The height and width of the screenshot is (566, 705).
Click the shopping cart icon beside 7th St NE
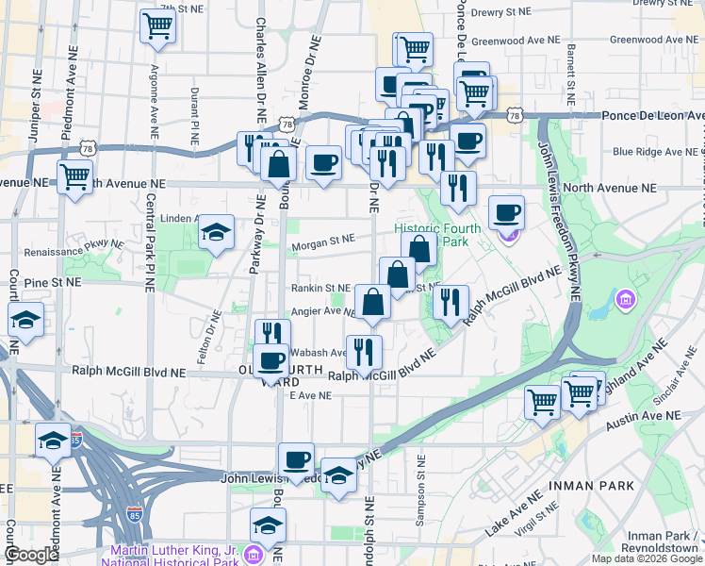click(x=157, y=26)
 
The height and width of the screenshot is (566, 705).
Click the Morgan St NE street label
click(x=323, y=241)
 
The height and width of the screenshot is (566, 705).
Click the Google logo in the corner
click(x=31, y=555)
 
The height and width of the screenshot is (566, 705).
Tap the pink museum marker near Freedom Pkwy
click(x=624, y=300)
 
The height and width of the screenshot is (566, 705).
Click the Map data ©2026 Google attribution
click(x=646, y=558)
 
